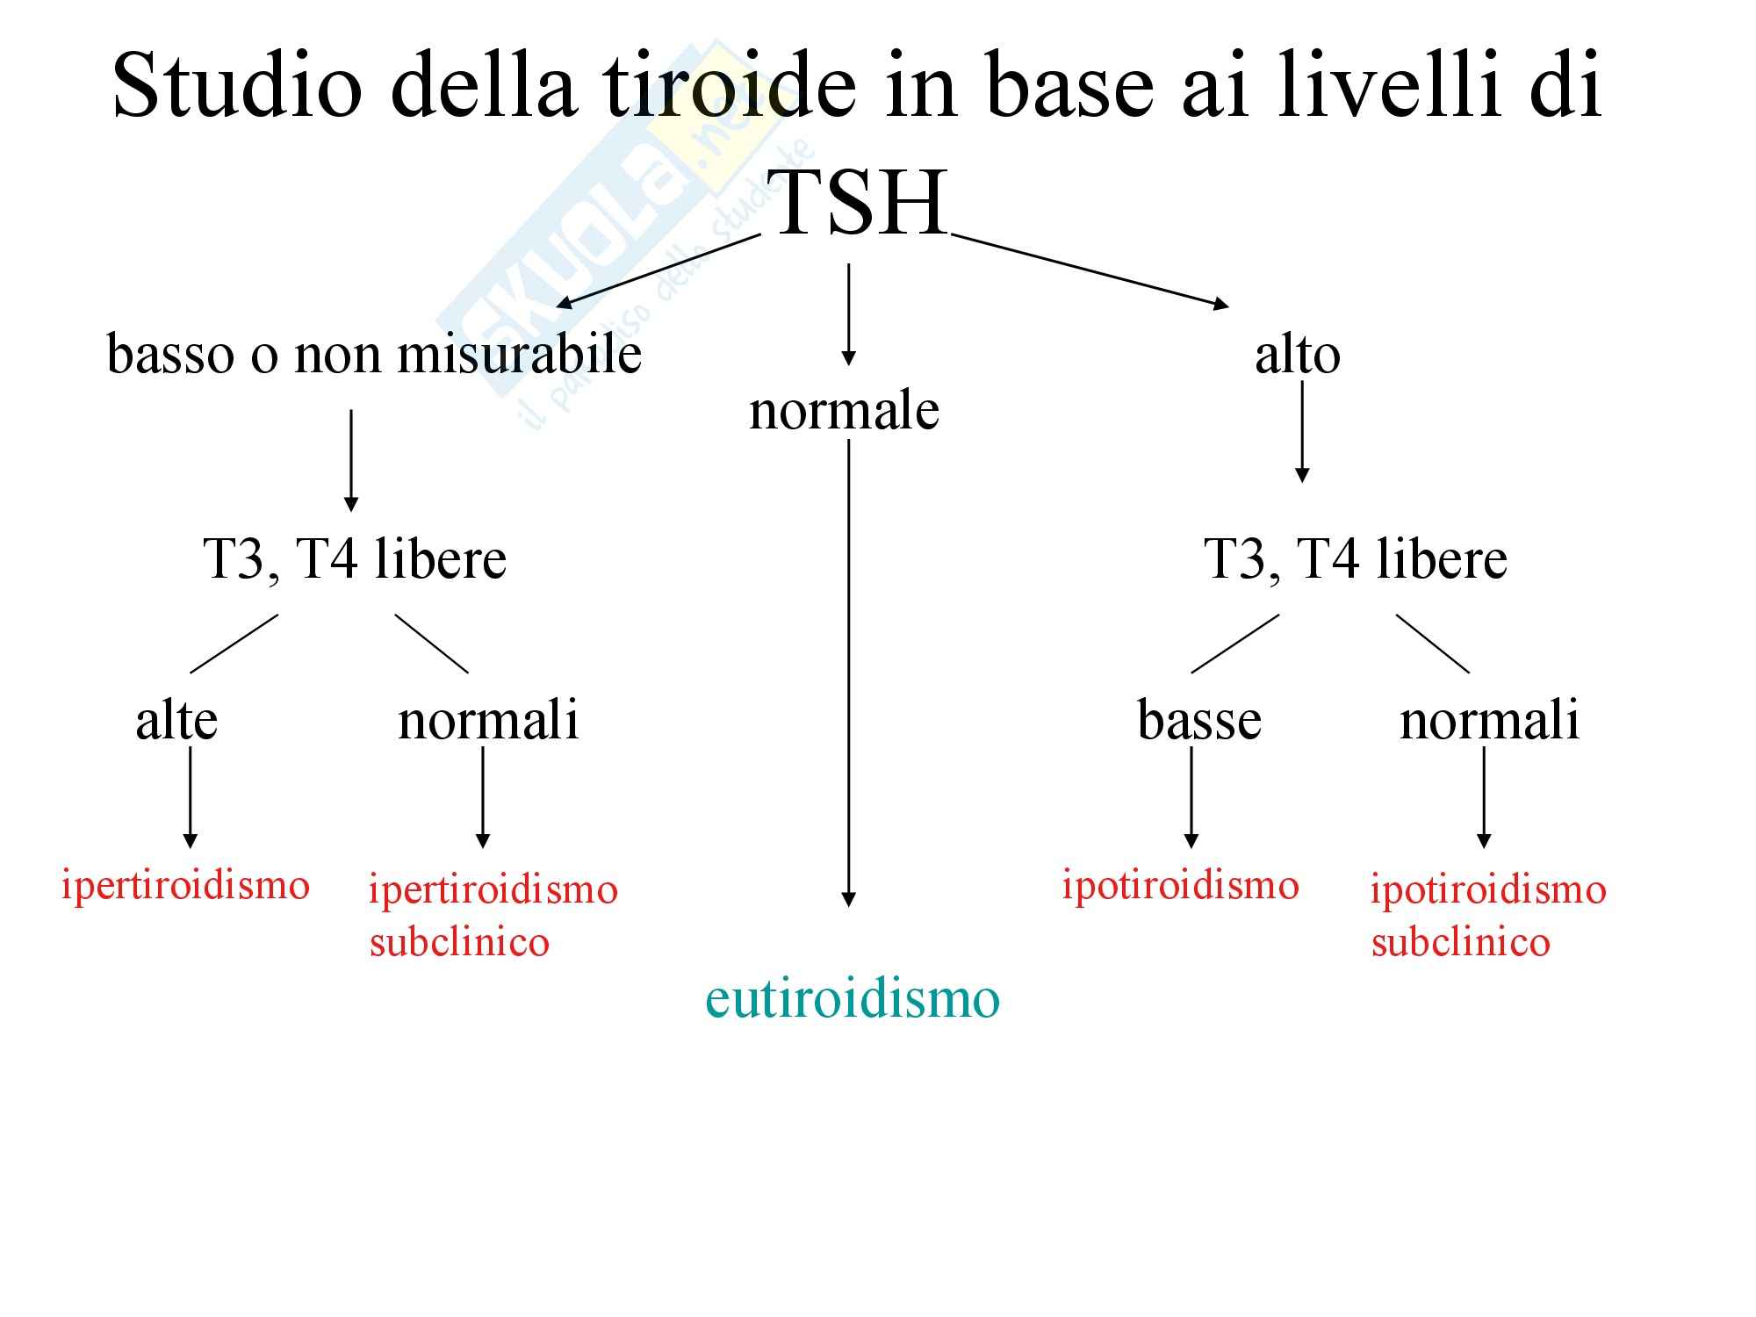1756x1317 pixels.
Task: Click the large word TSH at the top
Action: pyautogui.click(x=860, y=204)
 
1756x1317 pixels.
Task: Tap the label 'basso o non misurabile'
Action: pyautogui.click(x=374, y=355)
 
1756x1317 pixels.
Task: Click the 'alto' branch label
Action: pyautogui.click(x=1297, y=355)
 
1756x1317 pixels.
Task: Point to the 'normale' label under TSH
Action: pyautogui.click(x=844, y=410)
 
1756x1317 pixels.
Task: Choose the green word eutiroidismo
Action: pyautogui.click(x=852, y=998)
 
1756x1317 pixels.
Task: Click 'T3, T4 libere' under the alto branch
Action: pyautogui.click(x=1355, y=558)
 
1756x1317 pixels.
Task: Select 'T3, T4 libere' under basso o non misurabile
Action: pyautogui.click(x=355, y=558)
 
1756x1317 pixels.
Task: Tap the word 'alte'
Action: pyautogui.click(x=176, y=720)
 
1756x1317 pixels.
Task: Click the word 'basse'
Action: pyautogui.click(x=1198, y=720)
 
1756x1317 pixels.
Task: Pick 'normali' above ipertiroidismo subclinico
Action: pyautogui.click(x=488, y=720)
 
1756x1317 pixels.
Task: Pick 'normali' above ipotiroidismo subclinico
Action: pyautogui.click(x=1489, y=720)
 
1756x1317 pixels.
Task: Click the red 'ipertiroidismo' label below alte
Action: pyautogui.click(x=185, y=884)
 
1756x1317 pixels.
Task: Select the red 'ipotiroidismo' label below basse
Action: pyautogui.click(x=1180, y=884)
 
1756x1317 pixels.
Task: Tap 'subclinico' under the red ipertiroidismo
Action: pyautogui.click(x=459, y=942)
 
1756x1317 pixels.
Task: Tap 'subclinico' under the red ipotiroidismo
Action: pyautogui.click(x=1460, y=942)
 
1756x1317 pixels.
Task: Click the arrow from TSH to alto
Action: pyautogui.click(x=1089, y=270)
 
